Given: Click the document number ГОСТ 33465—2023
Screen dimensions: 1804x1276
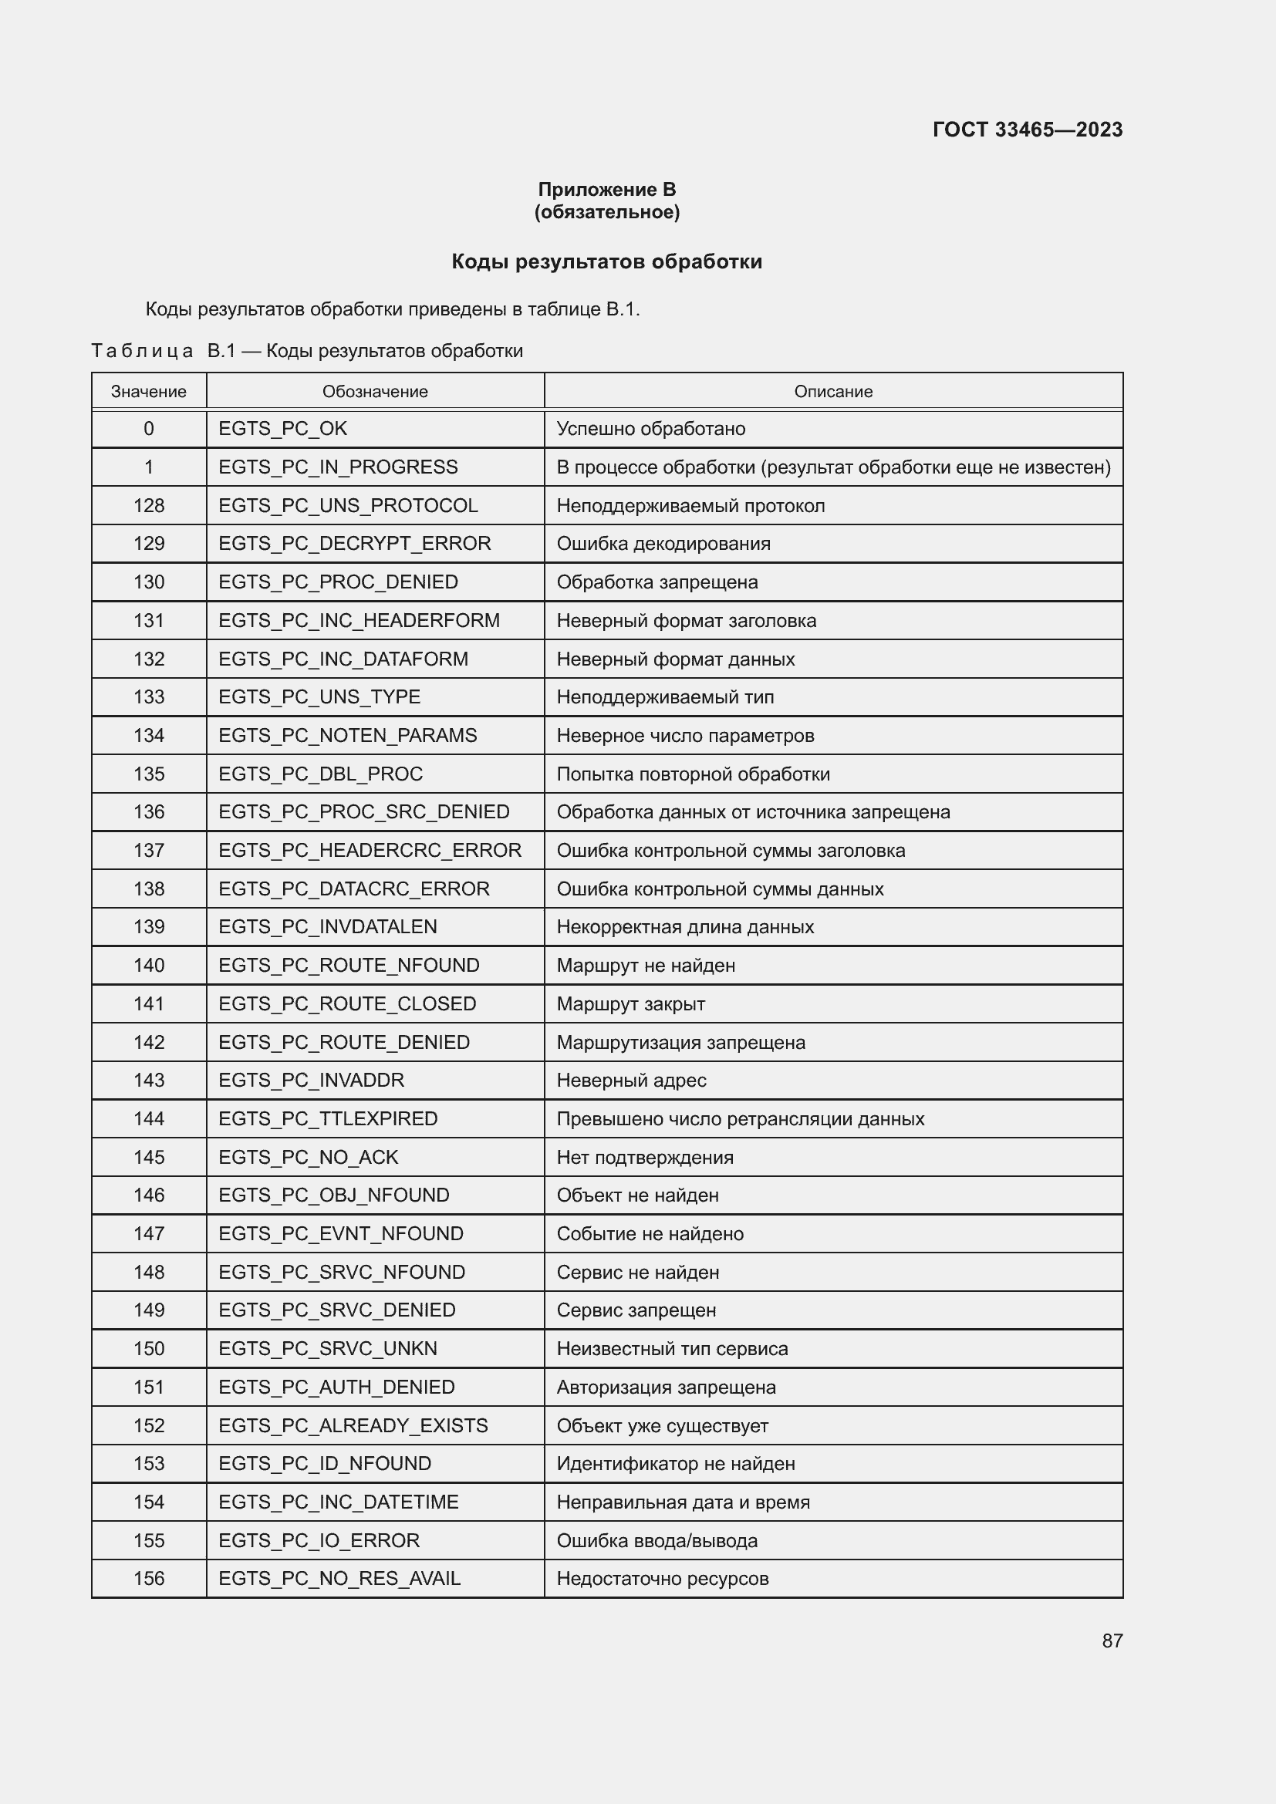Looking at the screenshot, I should pos(1027,130).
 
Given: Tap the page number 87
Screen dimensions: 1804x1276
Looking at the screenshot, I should pos(1112,1641).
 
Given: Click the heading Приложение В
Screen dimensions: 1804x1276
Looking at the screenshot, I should pos(606,190).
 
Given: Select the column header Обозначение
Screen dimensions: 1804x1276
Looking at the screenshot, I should pos(375,391).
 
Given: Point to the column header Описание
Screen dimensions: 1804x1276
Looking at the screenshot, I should pos(833,391).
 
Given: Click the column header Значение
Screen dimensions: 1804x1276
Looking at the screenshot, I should pos(148,391).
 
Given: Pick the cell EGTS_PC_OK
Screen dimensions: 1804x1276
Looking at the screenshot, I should pos(283,429).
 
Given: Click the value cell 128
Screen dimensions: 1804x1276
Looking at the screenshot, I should pos(148,506).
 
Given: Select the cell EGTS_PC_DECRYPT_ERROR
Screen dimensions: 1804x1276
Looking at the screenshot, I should pos(354,544).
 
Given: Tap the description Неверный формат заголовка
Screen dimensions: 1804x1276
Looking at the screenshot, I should pos(686,621).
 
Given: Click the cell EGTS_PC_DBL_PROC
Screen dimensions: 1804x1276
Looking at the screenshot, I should pos(321,774).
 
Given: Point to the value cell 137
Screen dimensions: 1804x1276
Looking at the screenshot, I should pos(148,851).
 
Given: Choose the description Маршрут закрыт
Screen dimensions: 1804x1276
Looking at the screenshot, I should pos(630,1004).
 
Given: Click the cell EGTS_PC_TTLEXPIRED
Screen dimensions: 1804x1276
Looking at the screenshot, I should pos(328,1119).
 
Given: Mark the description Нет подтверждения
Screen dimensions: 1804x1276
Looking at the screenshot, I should pos(644,1158).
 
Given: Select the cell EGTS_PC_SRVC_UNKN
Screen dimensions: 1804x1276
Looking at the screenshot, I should pos(328,1349).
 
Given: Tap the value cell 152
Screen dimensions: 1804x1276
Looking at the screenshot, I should pos(148,1426).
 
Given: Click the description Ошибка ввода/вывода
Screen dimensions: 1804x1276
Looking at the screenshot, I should pos(657,1541).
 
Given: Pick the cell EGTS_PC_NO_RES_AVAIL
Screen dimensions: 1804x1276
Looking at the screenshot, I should pos(339,1580).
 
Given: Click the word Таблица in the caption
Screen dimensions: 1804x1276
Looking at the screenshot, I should pos(142,351).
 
